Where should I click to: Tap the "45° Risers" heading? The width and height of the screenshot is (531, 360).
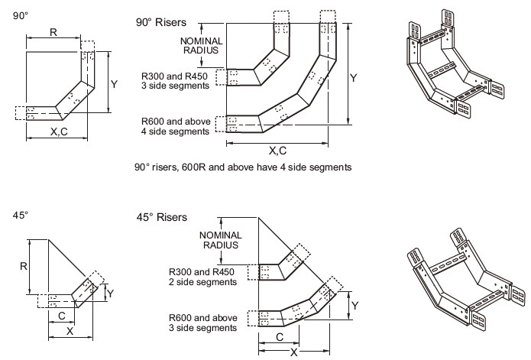coord(160,217)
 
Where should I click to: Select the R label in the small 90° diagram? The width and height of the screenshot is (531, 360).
coord(53,32)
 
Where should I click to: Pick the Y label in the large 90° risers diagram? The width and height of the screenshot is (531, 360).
coord(353,78)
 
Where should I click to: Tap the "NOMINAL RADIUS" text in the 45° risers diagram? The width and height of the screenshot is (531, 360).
coord(219,240)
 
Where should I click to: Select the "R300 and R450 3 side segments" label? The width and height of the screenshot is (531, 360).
coord(175,81)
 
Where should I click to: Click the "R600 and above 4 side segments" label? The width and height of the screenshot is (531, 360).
coord(175,126)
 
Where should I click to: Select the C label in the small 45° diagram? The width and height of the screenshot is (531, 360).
coord(60,313)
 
